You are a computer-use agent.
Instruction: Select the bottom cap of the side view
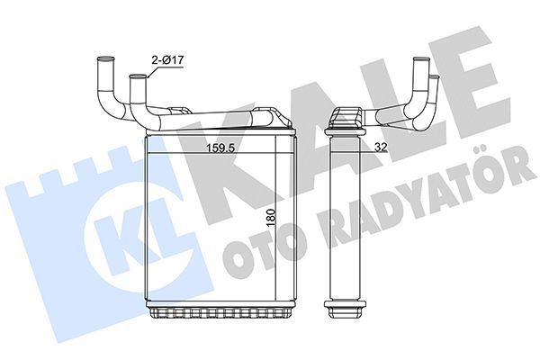coord(347,314)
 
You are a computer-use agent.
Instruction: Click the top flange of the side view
coord(346,116)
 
